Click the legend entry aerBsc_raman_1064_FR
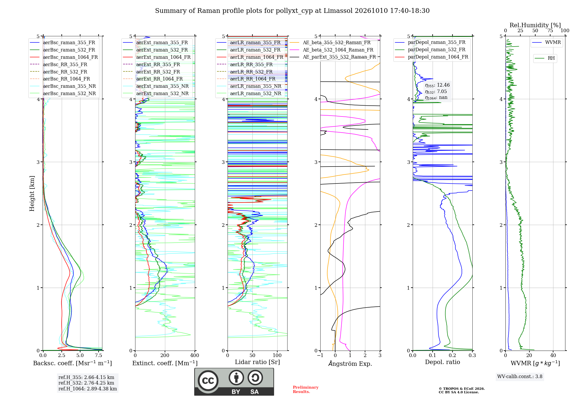(64, 57)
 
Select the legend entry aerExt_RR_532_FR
(152, 72)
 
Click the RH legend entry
(545, 58)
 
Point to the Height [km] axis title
(32, 193)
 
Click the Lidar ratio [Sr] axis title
(257, 362)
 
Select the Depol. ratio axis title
(443, 362)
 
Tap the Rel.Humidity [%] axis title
(535, 25)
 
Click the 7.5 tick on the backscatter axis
(99, 355)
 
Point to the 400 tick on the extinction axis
(195, 355)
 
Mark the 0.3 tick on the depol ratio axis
(472, 355)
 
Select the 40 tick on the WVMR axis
(553, 355)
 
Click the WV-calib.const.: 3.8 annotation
(520, 377)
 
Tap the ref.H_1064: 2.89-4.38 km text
(88, 389)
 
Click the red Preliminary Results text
(306, 390)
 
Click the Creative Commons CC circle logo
(208, 381)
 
